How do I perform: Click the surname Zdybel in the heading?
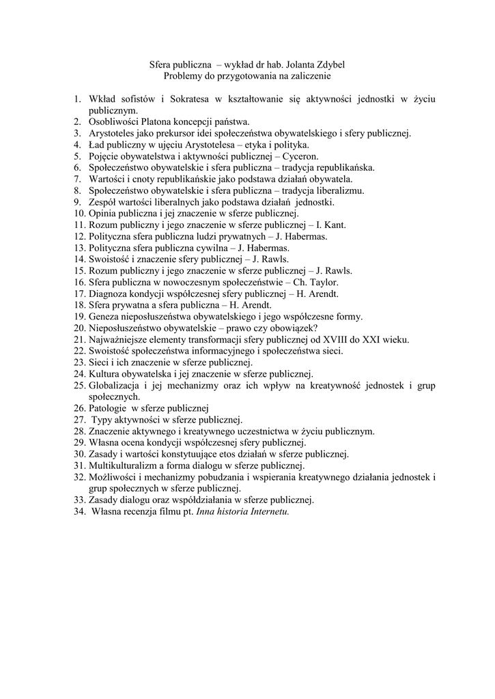click(327, 66)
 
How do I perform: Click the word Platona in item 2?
click(155, 122)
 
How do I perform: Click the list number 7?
click(78, 179)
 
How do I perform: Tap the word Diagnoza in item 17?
click(109, 294)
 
